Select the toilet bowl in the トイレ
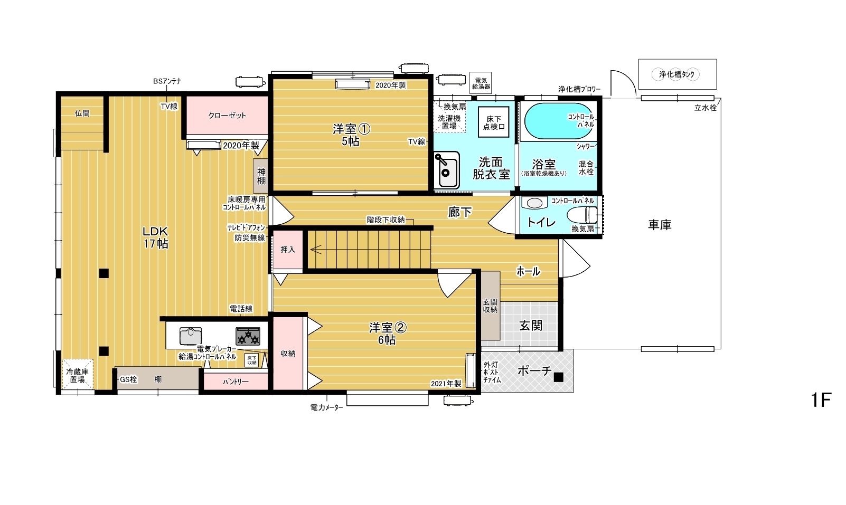click(582, 215)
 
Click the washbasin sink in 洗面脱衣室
click(446, 170)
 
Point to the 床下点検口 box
click(494, 122)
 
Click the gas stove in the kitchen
click(248, 336)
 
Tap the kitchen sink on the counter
click(190, 336)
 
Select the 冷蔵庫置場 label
click(78, 375)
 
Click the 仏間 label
click(82, 113)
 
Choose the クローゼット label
click(227, 116)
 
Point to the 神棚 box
click(261, 176)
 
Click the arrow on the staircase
click(316, 250)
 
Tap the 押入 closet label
click(288, 250)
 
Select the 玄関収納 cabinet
click(490, 306)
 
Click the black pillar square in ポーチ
click(559, 377)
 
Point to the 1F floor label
click(821, 400)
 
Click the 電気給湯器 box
click(481, 83)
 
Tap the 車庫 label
click(660, 225)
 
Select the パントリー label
click(236, 382)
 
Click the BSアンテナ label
click(167, 81)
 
